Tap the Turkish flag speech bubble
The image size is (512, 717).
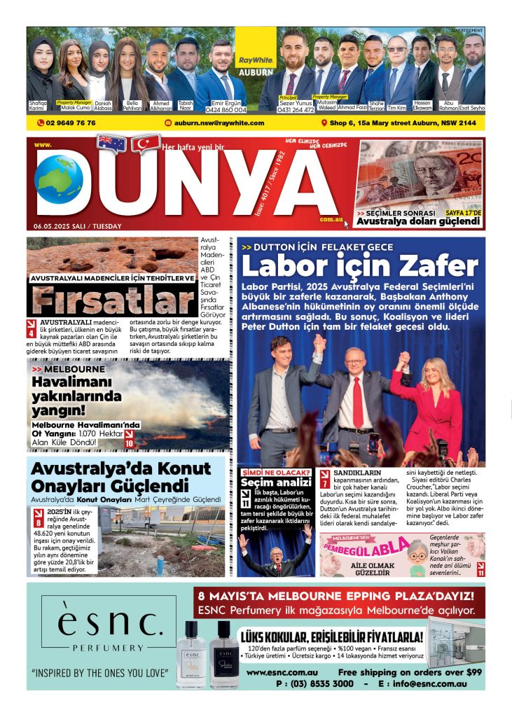point(146,145)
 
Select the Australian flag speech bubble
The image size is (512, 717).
point(111,143)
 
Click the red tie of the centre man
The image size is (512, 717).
point(357,401)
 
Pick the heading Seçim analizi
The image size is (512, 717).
point(275,482)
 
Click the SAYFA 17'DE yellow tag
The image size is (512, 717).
point(462,212)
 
